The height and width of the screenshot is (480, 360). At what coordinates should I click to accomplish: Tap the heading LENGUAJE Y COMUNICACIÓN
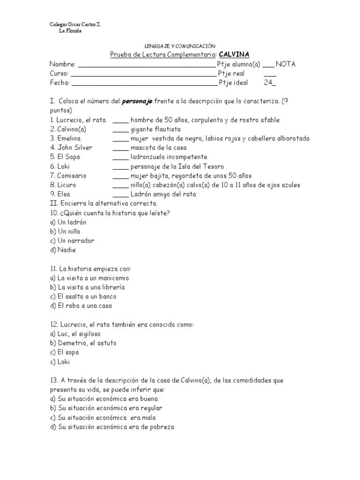pyautogui.click(x=180, y=46)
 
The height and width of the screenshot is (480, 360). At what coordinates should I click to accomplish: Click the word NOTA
pyautogui.click(x=285, y=64)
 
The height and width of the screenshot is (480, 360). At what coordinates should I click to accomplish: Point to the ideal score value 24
pyautogui.click(x=269, y=82)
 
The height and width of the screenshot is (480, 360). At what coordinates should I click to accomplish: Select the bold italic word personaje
pyautogui.click(x=137, y=101)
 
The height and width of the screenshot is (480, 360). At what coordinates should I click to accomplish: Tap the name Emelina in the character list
pyautogui.click(x=69, y=138)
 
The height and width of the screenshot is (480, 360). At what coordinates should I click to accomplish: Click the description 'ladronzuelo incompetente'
pyautogui.click(x=169, y=157)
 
